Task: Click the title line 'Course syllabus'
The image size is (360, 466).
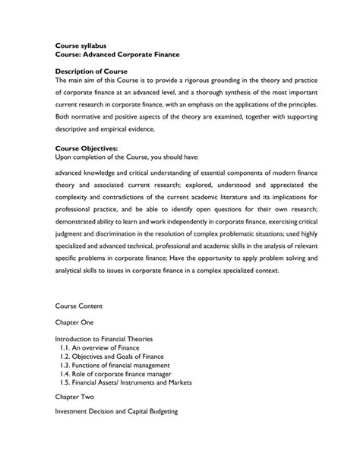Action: click(85, 46)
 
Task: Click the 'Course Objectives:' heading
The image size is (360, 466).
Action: click(87, 148)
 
